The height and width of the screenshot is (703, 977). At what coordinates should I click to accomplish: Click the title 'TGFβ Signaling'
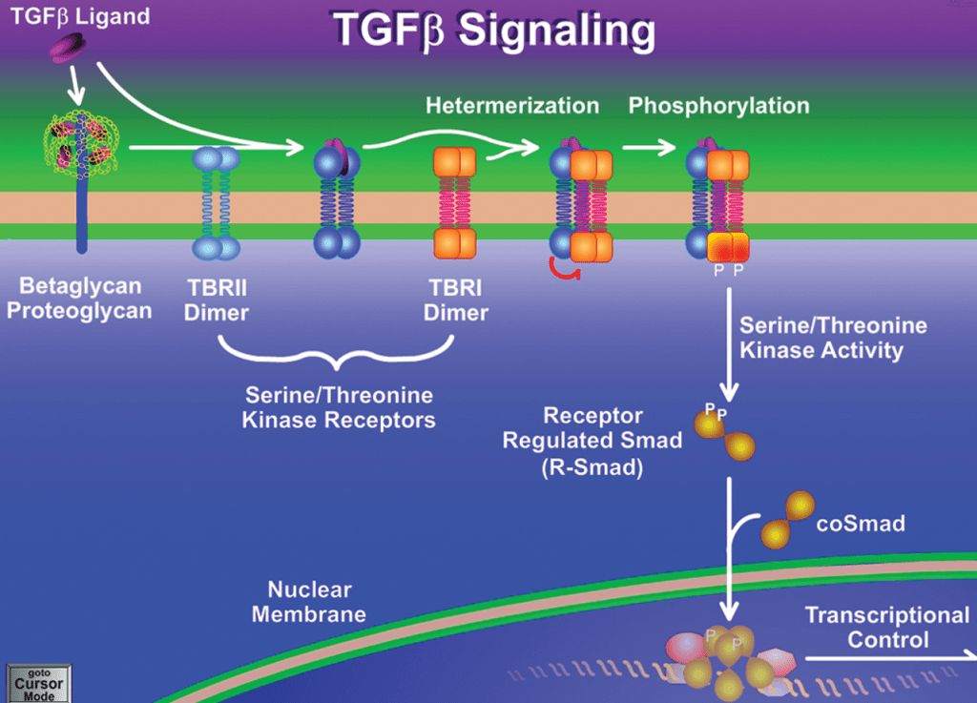tap(493, 31)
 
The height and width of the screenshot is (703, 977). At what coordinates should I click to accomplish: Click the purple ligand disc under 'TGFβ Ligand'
tap(68, 46)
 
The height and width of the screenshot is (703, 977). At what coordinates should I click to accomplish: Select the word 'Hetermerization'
tap(512, 105)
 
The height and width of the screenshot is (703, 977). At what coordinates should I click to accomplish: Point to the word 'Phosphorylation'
tap(718, 105)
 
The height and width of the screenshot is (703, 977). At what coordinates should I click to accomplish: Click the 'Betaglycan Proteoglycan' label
tap(79, 299)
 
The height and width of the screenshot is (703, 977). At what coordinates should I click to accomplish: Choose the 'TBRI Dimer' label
tap(456, 299)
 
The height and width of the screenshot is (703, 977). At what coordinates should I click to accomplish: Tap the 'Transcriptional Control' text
tap(887, 627)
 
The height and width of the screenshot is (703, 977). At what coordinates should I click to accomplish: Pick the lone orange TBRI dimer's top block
tap(455, 161)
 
